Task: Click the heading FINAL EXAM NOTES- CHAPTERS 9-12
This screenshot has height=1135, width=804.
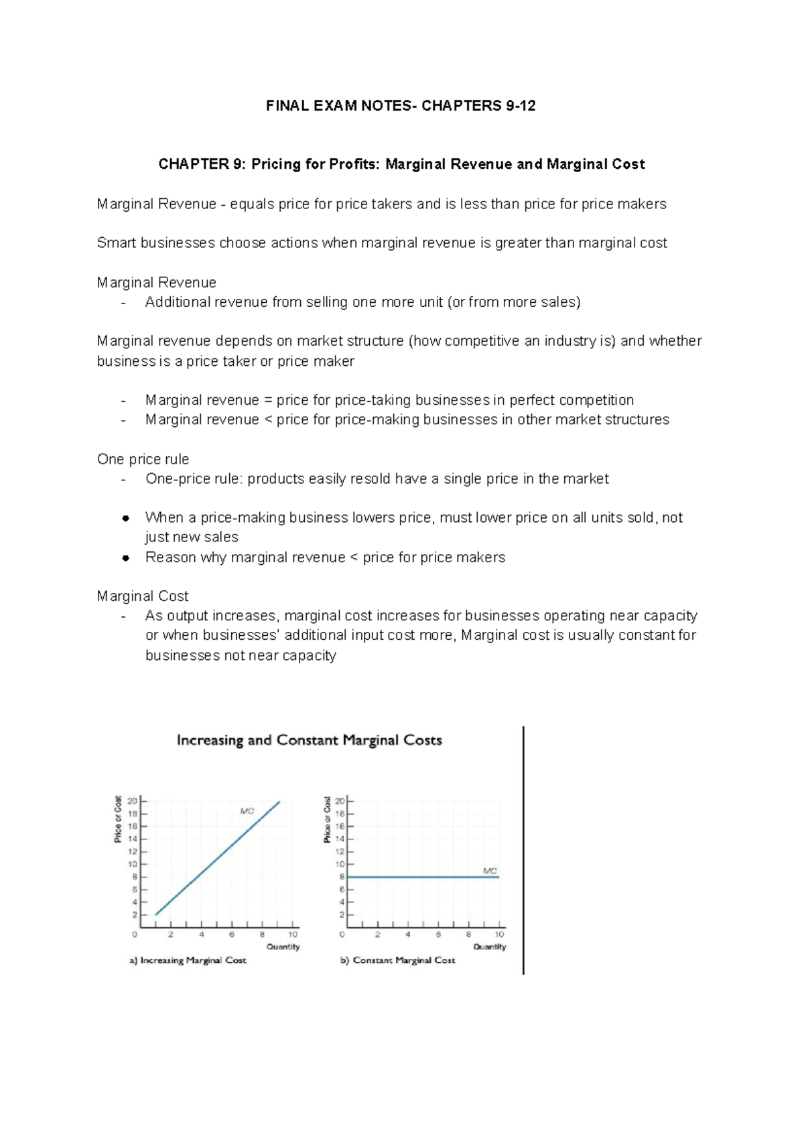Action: pyautogui.click(x=401, y=106)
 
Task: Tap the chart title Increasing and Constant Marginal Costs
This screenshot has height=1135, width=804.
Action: pyautogui.click(x=309, y=740)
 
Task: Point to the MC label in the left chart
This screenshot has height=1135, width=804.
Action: pyautogui.click(x=247, y=811)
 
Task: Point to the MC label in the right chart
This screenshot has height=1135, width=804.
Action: pyautogui.click(x=490, y=871)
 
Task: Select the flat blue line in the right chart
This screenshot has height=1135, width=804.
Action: pyautogui.click(x=422, y=877)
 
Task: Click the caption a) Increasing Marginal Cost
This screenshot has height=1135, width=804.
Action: pyautogui.click(x=188, y=960)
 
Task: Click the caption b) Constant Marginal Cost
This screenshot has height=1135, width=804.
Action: pyautogui.click(x=397, y=960)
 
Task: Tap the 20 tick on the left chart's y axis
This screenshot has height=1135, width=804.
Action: pyautogui.click(x=133, y=801)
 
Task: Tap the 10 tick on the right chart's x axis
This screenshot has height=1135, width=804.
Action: pyautogui.click(x=499, y=934)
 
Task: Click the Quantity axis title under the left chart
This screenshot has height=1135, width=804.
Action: pyautogui.click(x=283, y=947)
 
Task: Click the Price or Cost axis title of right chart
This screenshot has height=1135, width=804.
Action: pyautogui.click(x=327, y=819)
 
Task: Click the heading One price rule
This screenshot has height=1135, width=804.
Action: pyautogui.click(x=143, y=459)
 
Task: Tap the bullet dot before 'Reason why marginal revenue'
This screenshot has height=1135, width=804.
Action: pyautogui.click(x=125, y=557)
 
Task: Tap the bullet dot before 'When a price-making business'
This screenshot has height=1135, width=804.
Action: pyautogui.click(x=125, y=518)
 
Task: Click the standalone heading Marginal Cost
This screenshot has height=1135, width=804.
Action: pyautogui.click(x=143, y=596)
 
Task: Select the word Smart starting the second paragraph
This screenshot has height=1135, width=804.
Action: pyautogui.click(x=117, y=243)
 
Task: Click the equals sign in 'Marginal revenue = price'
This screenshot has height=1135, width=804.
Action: pyautogui.click(x=268, y=401)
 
